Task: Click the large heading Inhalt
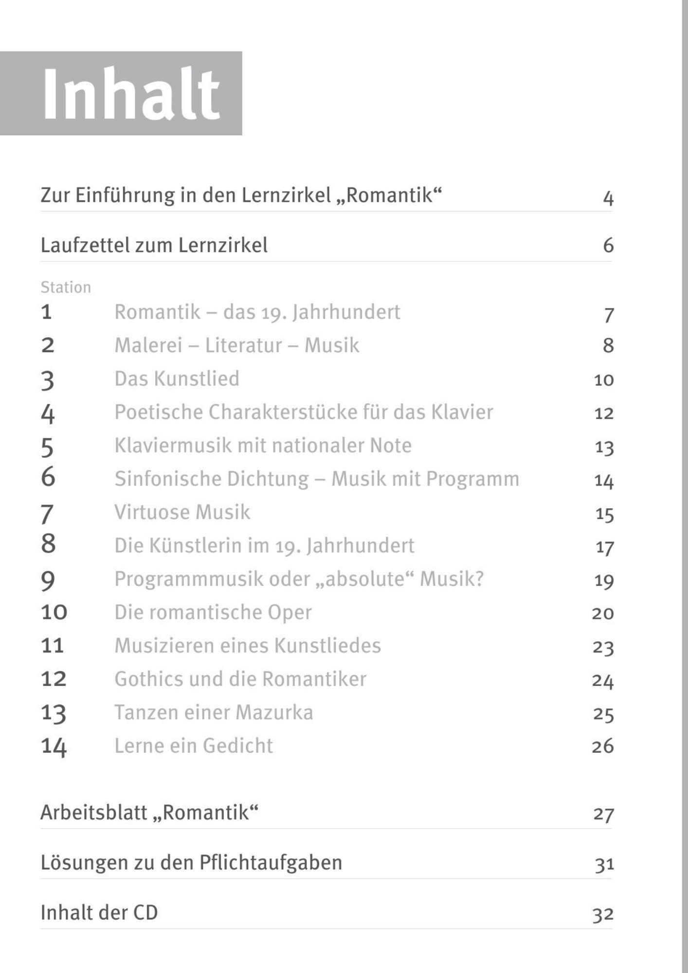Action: [131, 94]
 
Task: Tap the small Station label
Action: [66, 288]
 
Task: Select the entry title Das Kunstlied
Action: [177, 378]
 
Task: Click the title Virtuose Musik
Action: [182, 512]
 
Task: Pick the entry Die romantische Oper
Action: [213, 612]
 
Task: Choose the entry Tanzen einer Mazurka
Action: [214, 712]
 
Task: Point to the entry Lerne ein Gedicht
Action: [194, 746]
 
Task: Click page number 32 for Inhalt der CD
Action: [603, 915]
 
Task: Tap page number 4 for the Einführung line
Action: [608, 198]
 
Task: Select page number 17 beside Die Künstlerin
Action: [604, 548]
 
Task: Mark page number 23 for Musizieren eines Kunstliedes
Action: [603, 648]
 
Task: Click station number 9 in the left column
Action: [48, 580]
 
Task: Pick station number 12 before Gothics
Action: [54, 679]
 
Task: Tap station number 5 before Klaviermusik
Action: [47, 447]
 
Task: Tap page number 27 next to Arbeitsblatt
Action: [603, 814]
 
